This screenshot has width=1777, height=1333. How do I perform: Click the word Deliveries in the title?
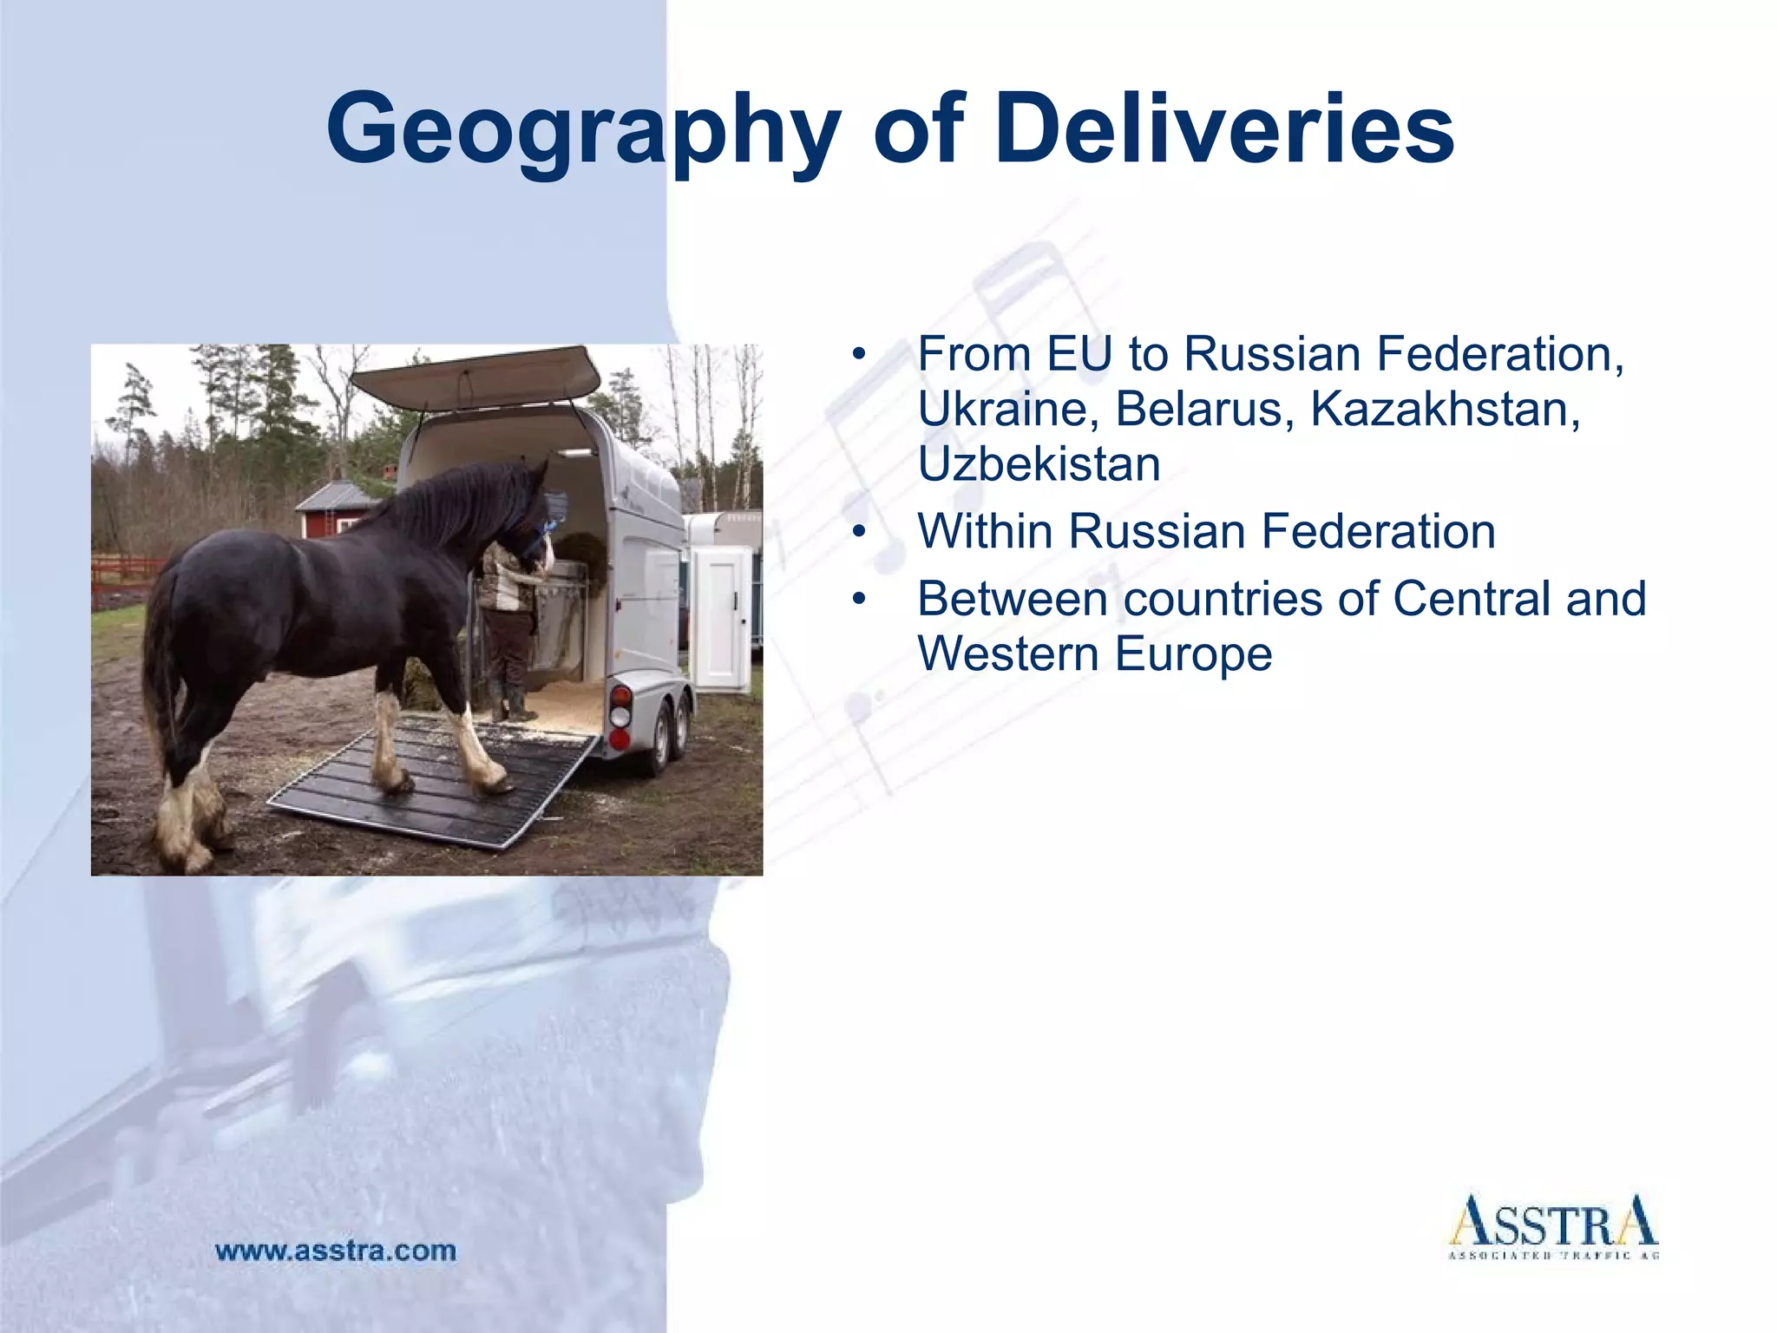click(1224, 130)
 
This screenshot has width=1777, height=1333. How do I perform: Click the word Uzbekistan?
click(1039, 464)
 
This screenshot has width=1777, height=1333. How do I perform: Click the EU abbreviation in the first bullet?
click(1079, 354)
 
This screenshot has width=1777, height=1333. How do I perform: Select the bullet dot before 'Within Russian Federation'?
click(859, 531)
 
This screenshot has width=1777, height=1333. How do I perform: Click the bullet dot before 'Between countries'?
click(859, 599)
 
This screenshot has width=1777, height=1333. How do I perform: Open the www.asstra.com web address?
click(336, 1251)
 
